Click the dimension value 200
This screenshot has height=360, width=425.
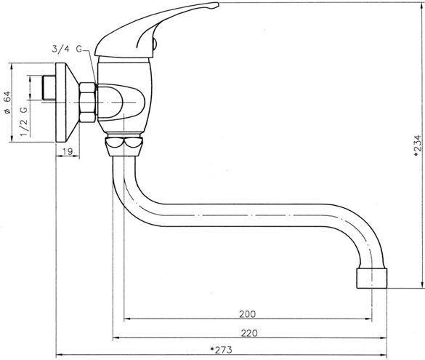click(x=247, y=314)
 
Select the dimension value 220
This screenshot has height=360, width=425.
click(x=249, y=333)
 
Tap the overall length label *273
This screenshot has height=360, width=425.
click(x=221, y=350)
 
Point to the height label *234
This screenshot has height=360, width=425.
click(x=418, y=145)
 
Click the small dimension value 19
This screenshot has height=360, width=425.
click(x=68, y=151)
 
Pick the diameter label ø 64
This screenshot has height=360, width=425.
click(x=7, y=103)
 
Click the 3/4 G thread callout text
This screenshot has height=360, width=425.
click(x=67, y=49)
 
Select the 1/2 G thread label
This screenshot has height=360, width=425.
click(x=24, y=121)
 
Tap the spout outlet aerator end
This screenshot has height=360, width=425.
click(x=372, y=278)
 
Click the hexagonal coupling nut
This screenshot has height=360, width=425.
click(x=88, y=103)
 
